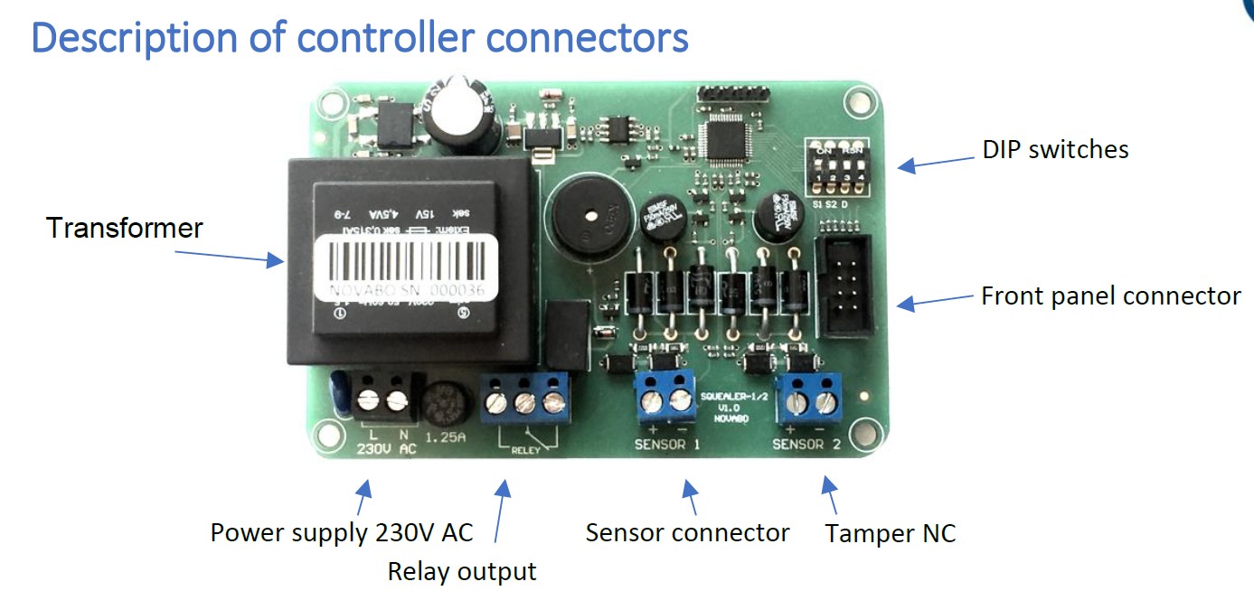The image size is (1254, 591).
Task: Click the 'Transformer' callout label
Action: pyautogui.click(x=125, y=228)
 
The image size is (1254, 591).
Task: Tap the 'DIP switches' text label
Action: pyautogui.click(x=1055, y=149)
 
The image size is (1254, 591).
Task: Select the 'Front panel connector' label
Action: pyautogui.click(x=1111, y=295)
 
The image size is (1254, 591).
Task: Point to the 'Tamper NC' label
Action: pyautogui.click(x=890, y=533)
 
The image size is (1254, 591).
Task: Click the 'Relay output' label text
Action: pyautogui.click(x=462, y=571)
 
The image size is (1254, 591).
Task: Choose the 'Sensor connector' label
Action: pyautogui.click(x=687, y=532)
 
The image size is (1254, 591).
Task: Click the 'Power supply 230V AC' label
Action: pyautogui.click(x=342, y=532)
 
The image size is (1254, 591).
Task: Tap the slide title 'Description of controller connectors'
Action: pyautogui.click(x=360, y=38)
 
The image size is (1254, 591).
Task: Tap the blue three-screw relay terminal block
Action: pyautogui.click(x=524, y=398)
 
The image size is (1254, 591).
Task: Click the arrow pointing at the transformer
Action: pyautogui.click(x=231, y=257)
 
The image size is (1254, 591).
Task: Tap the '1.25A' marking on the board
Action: pyautogui.click(x=444, y=438)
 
